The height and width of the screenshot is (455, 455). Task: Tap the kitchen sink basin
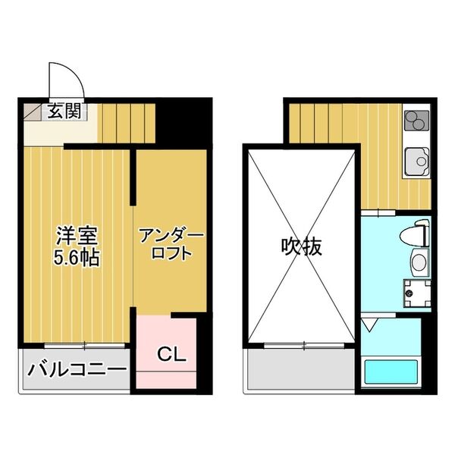coord(416,161)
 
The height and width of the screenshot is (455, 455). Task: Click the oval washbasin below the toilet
coord(419,263)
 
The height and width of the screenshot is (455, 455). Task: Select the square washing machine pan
coord(418,292)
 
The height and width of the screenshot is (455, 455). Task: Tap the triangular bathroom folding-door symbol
coord(369,324)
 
